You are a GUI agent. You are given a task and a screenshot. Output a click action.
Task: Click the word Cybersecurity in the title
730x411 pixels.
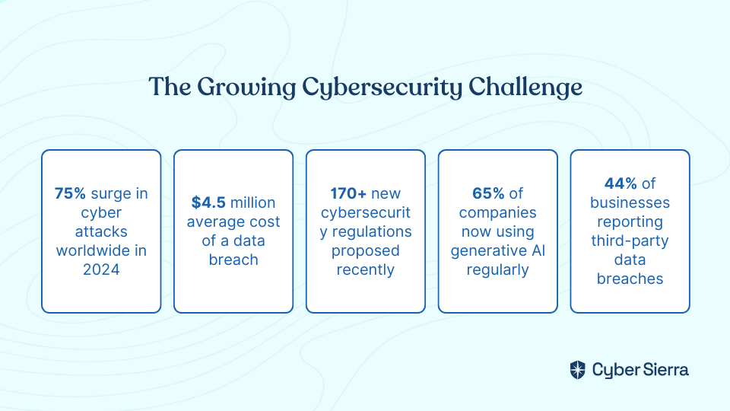click(382, 87)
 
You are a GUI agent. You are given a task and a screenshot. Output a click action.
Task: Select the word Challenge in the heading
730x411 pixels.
click(525, 87)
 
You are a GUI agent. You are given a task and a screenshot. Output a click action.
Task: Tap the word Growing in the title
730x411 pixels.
click(246, 87)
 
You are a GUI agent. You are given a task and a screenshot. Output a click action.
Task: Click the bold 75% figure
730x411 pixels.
click(70, 193)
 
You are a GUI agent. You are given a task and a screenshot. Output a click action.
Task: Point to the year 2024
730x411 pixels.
click(101, 269)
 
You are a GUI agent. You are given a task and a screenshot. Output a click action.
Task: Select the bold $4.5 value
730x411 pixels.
click(208, 202)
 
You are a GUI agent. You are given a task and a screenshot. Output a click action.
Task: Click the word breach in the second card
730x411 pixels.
click(233, 260)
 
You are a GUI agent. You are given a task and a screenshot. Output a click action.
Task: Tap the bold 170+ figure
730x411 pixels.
click(348, 193)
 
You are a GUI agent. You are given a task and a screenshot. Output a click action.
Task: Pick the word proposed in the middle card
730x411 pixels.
click(366, 250)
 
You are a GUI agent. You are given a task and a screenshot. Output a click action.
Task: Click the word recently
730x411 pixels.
click(366, 269)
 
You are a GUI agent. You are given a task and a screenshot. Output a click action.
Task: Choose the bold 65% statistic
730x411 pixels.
click(488, 193)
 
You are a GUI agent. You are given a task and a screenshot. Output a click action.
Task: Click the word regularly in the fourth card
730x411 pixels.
click(497, 269)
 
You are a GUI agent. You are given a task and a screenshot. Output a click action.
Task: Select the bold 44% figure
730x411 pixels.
click(620, 183)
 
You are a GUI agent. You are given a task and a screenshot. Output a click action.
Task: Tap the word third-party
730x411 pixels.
click(630, 241)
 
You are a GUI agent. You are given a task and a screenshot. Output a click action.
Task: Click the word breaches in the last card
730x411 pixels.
click(630, 279)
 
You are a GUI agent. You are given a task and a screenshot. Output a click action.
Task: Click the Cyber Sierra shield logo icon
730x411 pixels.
click(578, 370)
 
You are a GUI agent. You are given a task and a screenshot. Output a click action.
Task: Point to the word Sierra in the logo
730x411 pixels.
click(666, 370)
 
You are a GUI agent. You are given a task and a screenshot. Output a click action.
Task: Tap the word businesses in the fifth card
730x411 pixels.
click(630, 202)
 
